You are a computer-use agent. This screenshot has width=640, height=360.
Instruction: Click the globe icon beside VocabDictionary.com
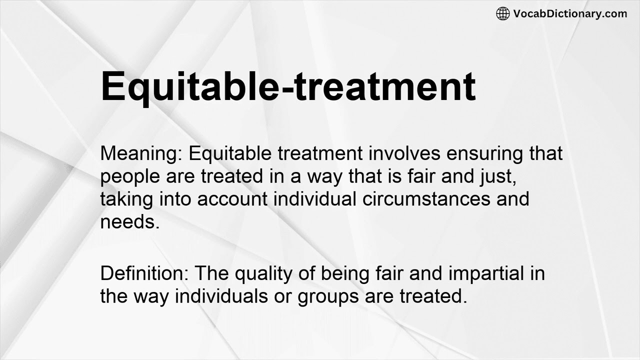pos(503,13)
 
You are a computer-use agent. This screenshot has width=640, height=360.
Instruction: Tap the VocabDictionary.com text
pos(570,13)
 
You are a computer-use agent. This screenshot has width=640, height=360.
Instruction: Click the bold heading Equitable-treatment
pos(288,86)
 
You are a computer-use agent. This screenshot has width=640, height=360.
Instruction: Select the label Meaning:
pos(141,153)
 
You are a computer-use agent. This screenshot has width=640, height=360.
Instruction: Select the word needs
pos(130,221)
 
